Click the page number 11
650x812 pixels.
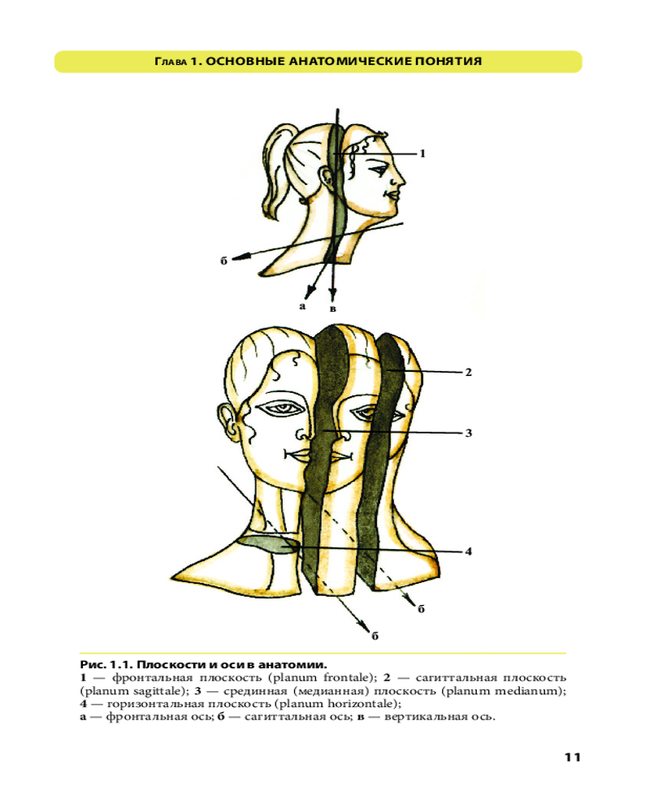[572, 757]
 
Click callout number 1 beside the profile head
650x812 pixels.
[422, 153]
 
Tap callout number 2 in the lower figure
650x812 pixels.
[469, 372]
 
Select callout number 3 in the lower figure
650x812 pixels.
[469, 433]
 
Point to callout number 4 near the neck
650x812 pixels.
[469, 551]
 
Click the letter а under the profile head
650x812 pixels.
[302, 306]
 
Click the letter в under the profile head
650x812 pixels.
[333, 309]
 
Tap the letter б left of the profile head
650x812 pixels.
[223, 261]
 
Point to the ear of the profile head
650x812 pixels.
[328, 178]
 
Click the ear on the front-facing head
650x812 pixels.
[226, 422]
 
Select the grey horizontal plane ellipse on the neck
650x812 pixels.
[267, 546]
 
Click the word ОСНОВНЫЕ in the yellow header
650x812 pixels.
[245, 62]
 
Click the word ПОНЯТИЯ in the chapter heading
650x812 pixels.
[448, 62]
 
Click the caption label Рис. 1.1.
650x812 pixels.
[106, 664]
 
